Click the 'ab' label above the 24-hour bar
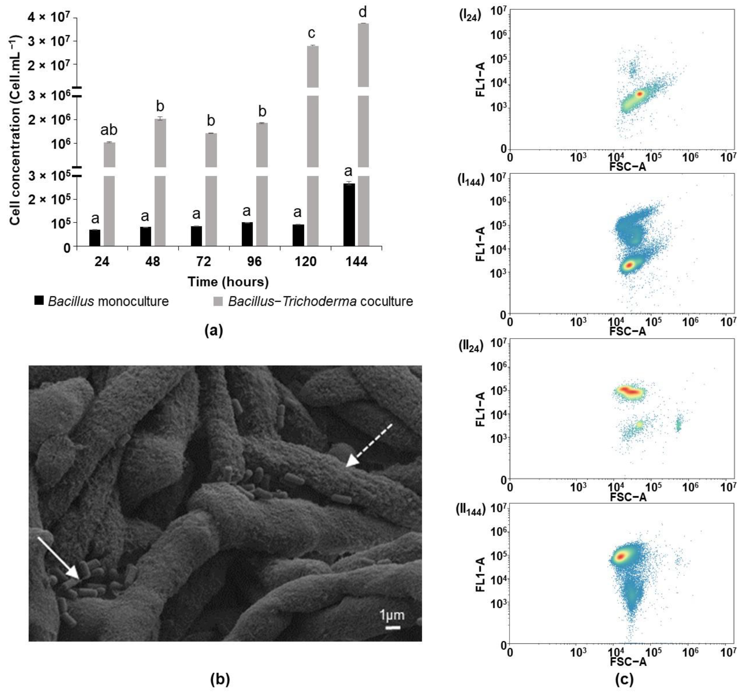[109, 130]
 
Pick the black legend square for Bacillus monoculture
[39, 301]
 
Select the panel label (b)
[220, 679]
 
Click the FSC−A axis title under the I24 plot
[628, 167]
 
